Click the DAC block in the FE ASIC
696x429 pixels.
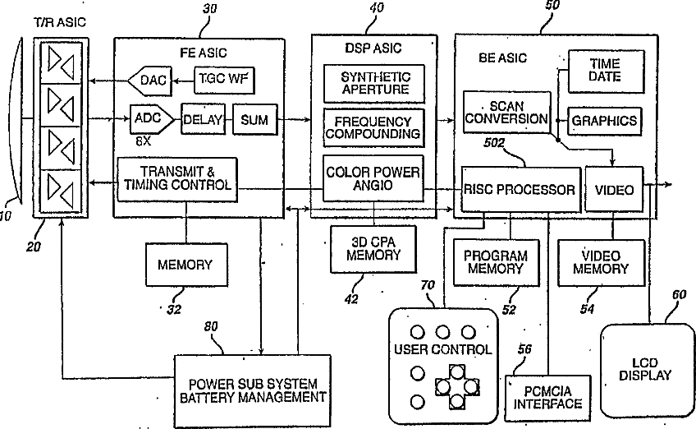click(x=150, y=81)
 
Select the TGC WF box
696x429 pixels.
click(x=224, y=80)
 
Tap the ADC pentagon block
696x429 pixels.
click(x=152, y=119)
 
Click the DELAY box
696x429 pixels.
click(x=203, y=119)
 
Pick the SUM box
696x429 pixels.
click(x=254, y=120)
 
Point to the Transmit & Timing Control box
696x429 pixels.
click(x=177, y=179)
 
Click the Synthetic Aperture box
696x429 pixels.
click(x=374, y=84)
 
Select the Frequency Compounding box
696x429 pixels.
click(x=373, y=127)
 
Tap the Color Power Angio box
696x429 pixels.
click(x=373, y=178)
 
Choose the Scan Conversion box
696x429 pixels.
click(x=507, y=113)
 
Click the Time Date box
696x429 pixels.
click(x=606, y=71)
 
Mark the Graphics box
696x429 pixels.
click(x=605, y=121)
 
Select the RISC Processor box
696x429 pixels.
click(x=520, y=190)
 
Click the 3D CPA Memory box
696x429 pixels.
click(x=373, y=249)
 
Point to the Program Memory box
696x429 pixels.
click(x=497, y=263)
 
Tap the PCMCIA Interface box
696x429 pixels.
click(x=547, y=399)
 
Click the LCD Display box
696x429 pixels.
click(x=646, y=371)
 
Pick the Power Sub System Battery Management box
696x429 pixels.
click(x=253, y=390)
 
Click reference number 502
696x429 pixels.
click(x=494, y=143)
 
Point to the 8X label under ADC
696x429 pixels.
click(x=144, y=141)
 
